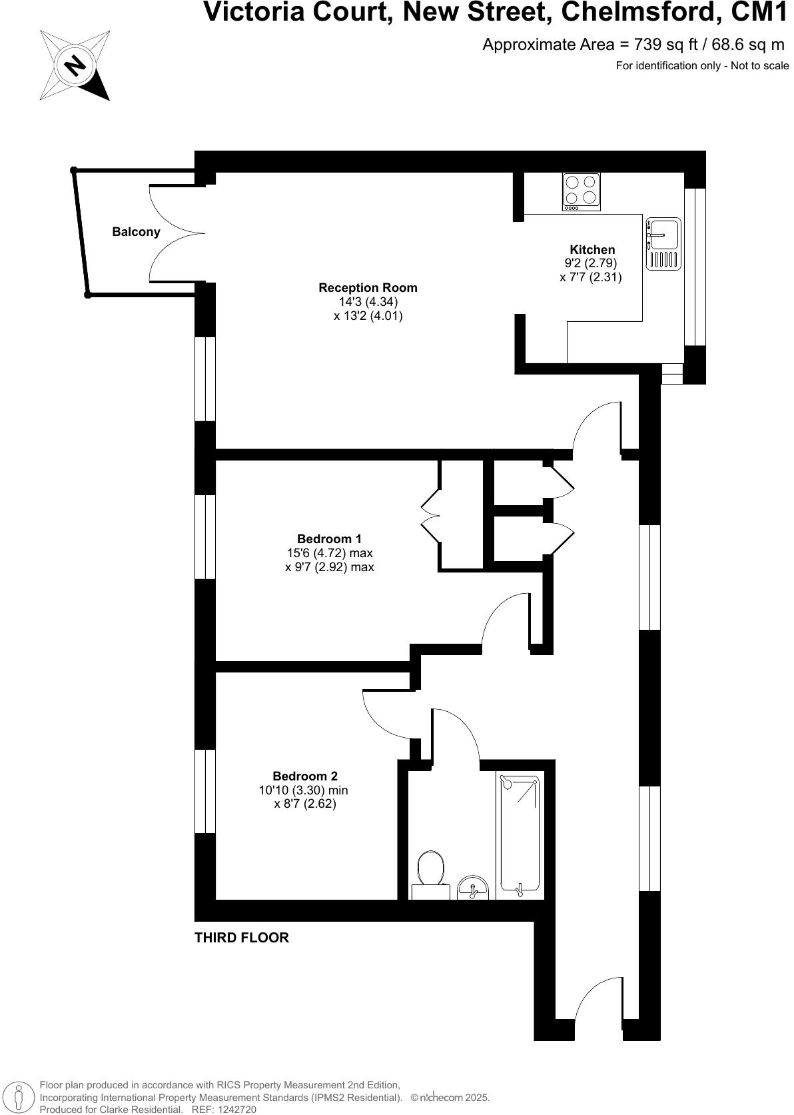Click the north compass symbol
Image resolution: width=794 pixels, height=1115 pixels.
(x=75, y=65)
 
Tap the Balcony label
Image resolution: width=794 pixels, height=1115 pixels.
(x=136, y=232)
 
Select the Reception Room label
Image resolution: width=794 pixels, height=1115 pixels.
(x=368, y=288)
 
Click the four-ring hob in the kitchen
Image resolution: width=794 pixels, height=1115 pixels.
(x=581, y=191)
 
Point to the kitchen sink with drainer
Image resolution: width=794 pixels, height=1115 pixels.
(x=663, y=244)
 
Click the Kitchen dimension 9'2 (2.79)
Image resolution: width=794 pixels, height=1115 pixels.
(x=591, y=263)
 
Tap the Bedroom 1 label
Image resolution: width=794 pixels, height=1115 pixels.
(x=329, y=539)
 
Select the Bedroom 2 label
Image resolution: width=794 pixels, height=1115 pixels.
(x=305, y=776)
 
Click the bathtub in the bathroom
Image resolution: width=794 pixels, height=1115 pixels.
(x=520, y=834)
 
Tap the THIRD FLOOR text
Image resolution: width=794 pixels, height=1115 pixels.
(x=241, y=938)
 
